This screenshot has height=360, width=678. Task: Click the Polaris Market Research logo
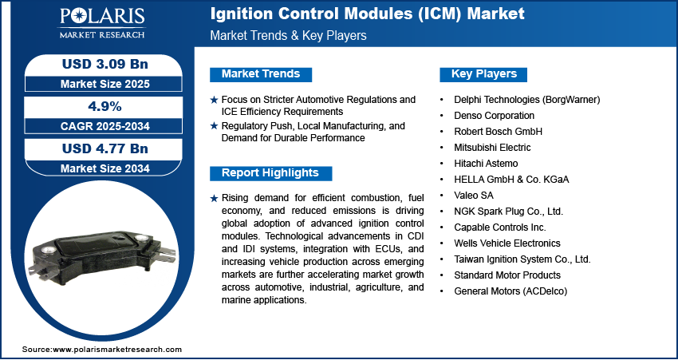click(102, 23)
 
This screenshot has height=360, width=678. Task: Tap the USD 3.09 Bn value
click(105, 64)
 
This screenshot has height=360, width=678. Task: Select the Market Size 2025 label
click(105, 84)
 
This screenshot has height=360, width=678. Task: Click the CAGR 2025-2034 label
click(104, 126)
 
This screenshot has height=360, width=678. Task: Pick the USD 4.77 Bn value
click(105, 148)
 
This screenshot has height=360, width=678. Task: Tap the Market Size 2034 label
click(105, 168)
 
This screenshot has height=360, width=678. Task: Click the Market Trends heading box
click(261, 74)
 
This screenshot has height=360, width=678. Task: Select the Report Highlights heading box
click(270, 173)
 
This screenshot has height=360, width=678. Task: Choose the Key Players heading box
click(483, 74)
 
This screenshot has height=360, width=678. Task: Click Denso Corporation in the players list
click(495, 116)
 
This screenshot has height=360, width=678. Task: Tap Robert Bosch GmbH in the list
click(498, 131)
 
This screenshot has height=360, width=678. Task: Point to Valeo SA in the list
click(473, 195)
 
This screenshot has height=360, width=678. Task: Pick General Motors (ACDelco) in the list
click(510, 291)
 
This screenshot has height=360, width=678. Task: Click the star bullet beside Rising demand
click(214, 199)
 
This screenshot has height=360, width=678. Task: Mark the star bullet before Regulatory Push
click(214, 126)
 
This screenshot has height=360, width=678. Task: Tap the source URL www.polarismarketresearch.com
click(117, 349)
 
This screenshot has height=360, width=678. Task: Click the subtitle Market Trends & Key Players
click(289, 35)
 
